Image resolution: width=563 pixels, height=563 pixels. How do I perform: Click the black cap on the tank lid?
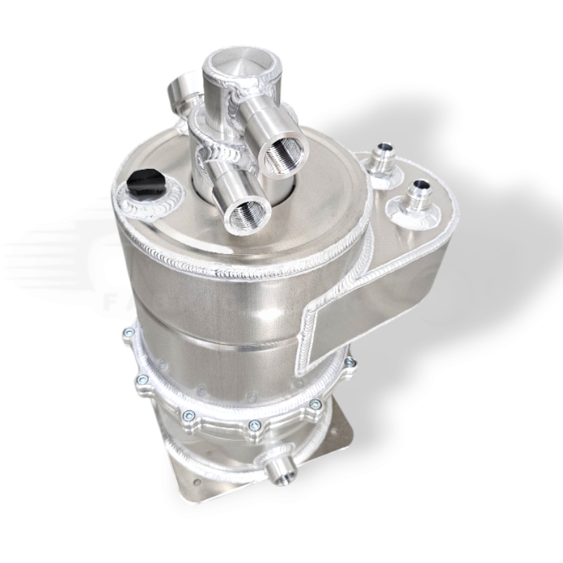point(145,184)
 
